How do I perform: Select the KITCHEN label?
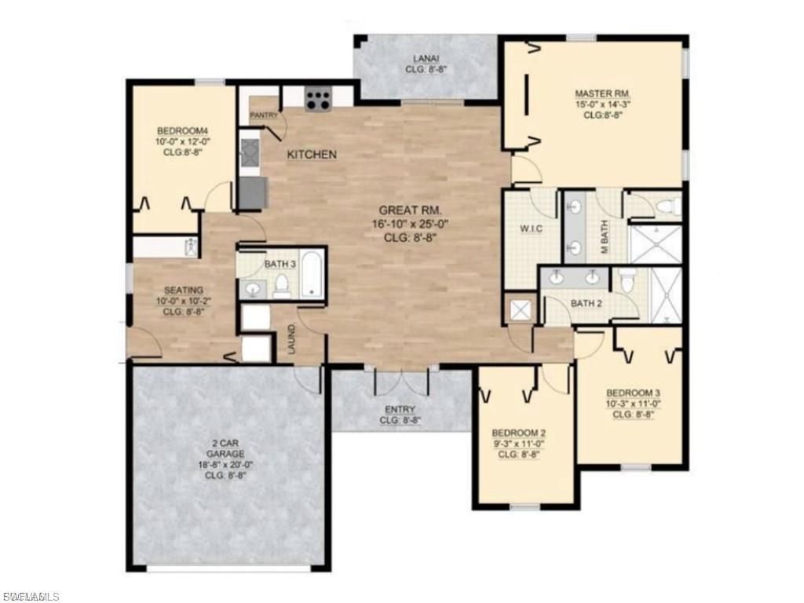[312, 155]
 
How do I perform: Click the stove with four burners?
[318, 99]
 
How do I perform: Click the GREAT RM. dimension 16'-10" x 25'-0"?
[411, 224]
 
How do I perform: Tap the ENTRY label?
[400, 410]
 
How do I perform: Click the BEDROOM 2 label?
[518, 433]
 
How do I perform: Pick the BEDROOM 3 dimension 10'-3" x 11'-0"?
[632, 404]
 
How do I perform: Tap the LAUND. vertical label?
[291, 338]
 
